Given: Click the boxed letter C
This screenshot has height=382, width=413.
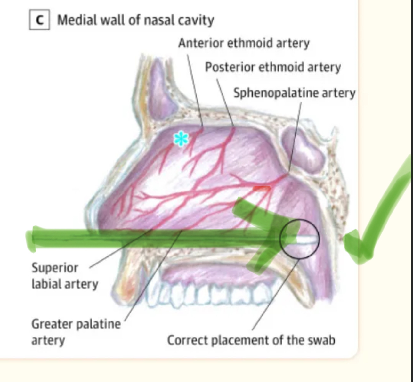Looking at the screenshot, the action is click(x=39, y=20).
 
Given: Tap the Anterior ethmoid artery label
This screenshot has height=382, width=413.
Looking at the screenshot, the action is click(x=244, y=43).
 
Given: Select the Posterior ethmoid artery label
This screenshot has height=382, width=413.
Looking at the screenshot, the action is click(x=273, y=67).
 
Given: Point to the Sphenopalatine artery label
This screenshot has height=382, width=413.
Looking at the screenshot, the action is click(x=294, y=93).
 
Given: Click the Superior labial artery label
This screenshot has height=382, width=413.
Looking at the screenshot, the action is click(x=64, y=276).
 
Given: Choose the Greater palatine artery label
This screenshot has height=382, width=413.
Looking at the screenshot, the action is click(x=76, y=332).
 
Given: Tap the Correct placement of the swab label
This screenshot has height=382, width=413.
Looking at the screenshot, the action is click(x=251, y=340).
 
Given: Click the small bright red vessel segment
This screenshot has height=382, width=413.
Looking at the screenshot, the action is click(x=262, y=189).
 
